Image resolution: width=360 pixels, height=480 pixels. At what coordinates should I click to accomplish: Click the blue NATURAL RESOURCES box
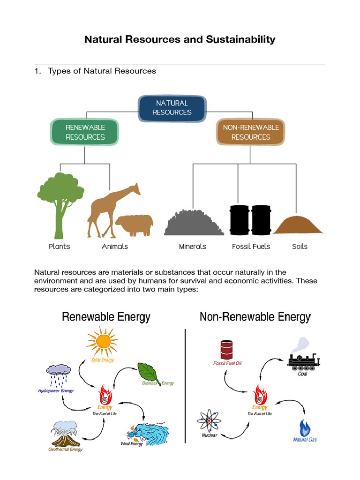click(172, 108)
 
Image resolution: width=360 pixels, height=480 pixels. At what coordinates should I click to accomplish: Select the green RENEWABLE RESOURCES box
click(85, 132)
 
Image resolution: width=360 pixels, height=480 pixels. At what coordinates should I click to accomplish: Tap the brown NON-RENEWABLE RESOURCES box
click(250, 132)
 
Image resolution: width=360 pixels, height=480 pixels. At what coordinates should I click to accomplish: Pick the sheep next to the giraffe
click(135, 225)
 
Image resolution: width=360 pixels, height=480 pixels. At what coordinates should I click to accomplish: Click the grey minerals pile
click(194, 223)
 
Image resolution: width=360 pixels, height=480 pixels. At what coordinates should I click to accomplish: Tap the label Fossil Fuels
click(251, 247)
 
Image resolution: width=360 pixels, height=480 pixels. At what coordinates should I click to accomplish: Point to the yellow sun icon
click(102, 342)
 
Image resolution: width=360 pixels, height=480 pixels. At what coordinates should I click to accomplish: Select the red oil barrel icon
click(227, 349)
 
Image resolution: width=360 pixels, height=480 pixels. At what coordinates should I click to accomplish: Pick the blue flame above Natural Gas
click(305, 427)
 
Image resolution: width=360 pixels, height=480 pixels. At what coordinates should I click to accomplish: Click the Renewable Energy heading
click(106, 317)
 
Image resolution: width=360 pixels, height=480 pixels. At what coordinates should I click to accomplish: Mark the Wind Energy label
click(132, 444)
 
